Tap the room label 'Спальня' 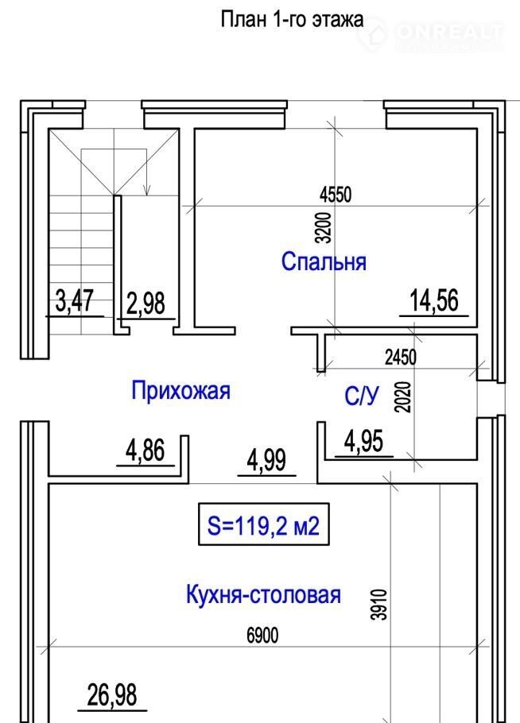point(324,261)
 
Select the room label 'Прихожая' point(180,391)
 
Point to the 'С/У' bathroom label point(363,395)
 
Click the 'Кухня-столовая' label point(263,594)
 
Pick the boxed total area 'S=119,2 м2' point(263,524)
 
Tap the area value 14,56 point(434,300)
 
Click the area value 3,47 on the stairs point(74,300)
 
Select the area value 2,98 point(146,304)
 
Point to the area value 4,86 point(146,450)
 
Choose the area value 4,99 point(266,460)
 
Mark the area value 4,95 point(363,441)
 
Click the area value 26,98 point(112,695)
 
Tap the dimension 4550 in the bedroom point(336,195)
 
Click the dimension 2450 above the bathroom point(401,358)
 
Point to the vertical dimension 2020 point(403,397)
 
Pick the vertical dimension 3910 point(380,605)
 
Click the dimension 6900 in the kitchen point(262,636)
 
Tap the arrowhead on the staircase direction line point(147,190)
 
